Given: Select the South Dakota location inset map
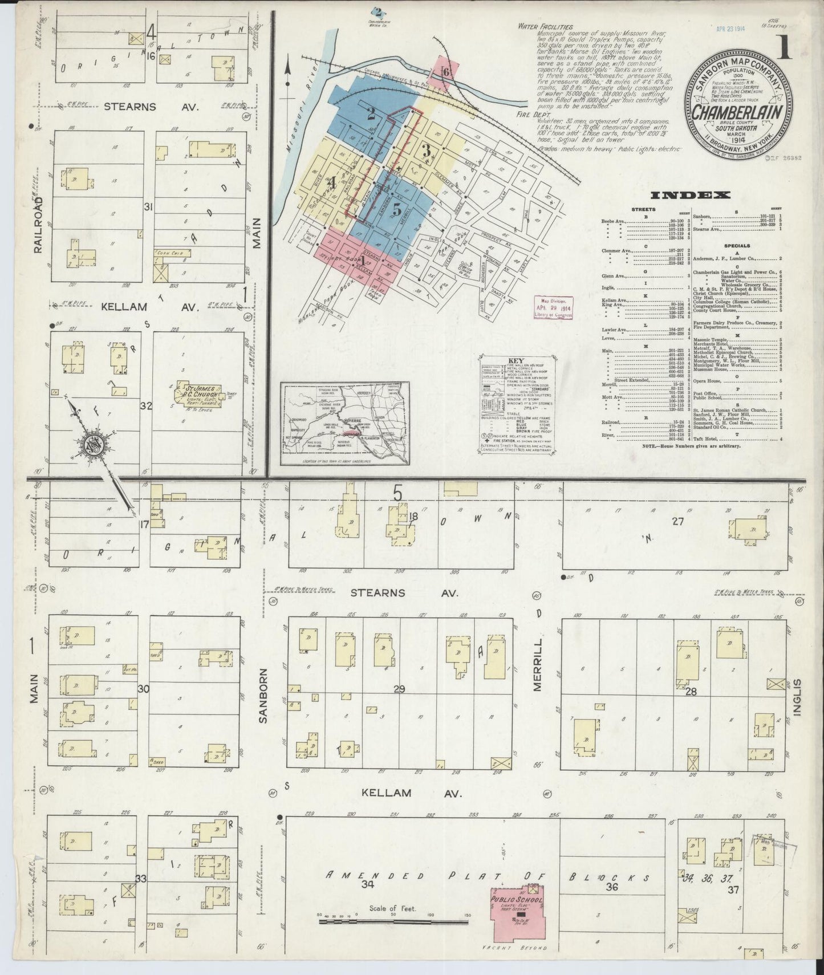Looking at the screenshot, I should [x=344, y=423].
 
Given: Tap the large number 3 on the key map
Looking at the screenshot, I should [x=425, y=151].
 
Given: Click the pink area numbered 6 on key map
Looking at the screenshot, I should [x=446, y=72].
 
